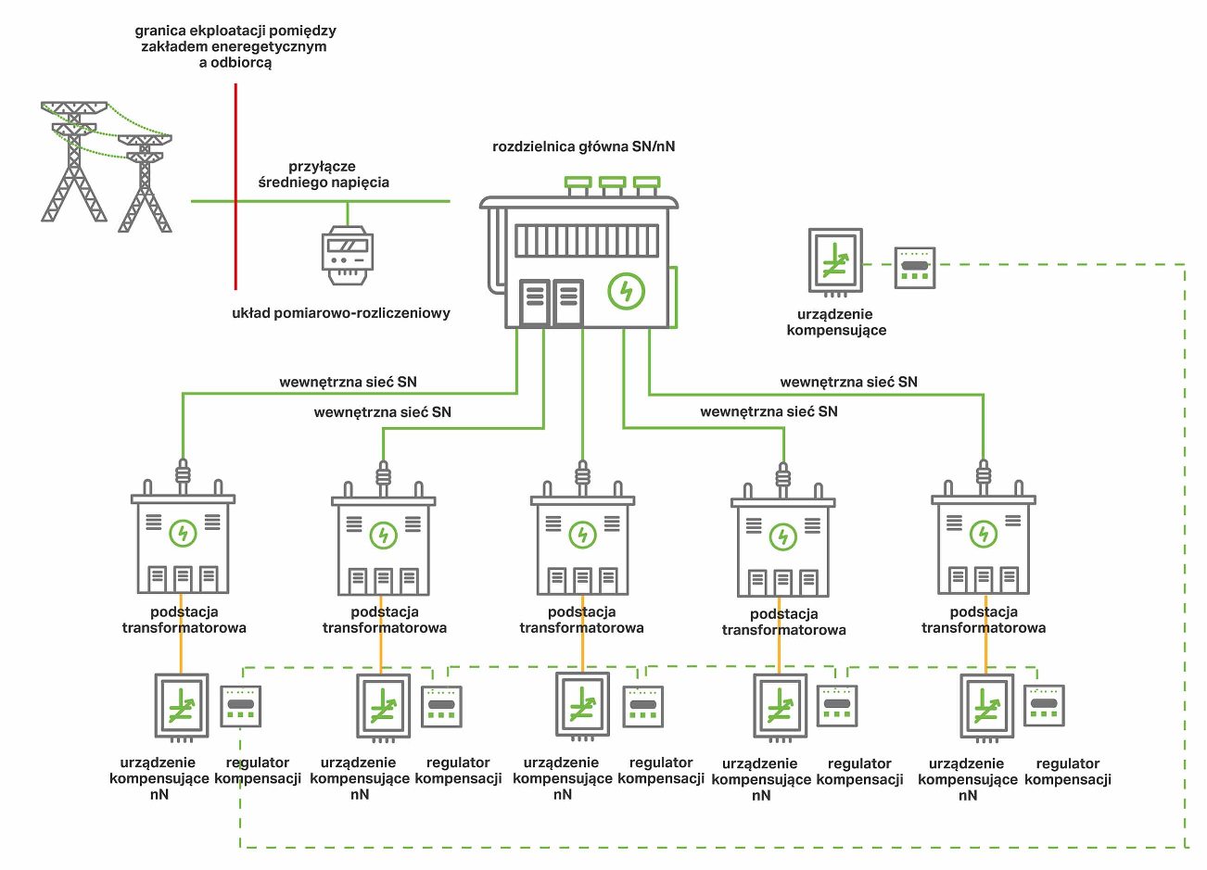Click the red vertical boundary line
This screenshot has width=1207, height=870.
pyautogui.click(x=235, y=185)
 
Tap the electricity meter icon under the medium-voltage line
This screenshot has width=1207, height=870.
pyautogui.click(x=348, y=255)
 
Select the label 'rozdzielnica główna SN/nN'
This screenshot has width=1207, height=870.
pyautogui.click(x=583, y=146)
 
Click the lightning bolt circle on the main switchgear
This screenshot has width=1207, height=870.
pyautogui.click(x=626, y=291)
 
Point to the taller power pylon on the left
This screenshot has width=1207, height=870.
pyautogui.click(x=74, y=162)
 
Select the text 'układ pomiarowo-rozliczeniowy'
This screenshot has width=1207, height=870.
pyautogui.click(x=340, y=313)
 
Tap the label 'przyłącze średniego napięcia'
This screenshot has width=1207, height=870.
pyautogui.click(x=323, y=174)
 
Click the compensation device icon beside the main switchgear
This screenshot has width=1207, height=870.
pyautogui.click(x=834, y=262)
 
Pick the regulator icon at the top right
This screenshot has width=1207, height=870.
pyautogui.click(x=914, y=268)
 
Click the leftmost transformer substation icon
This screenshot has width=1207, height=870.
pyautogui.click(x=183, y=542)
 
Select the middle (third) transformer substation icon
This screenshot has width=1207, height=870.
pyautogui.click(x=582, y=544)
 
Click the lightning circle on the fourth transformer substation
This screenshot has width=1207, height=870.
pyautogui.click(x=783, y=536)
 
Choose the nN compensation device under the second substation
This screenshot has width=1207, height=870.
pyautogui.click(x=383, y=707)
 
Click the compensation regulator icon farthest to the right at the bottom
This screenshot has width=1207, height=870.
pyautogui.click(x=1044, y=706)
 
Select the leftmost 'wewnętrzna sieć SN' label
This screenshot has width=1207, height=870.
pyautogui.click(x=348, y=382)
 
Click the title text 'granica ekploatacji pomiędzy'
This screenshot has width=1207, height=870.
pyautogui.click(x=235, y=31)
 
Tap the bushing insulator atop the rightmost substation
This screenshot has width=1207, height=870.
pyautogui.click(x=983, y=475)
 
